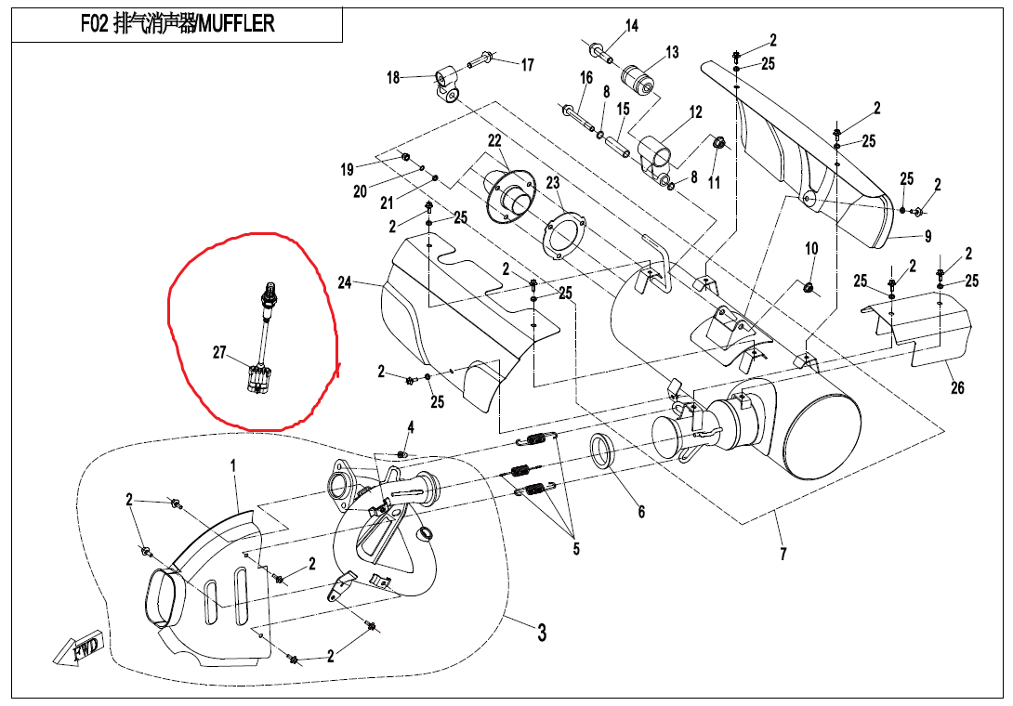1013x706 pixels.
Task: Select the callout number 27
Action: (219, 353)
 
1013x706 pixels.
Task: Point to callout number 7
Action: (783, 554)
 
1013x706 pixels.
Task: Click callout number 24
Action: (345, 281)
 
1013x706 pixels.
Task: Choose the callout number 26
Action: (957, 387)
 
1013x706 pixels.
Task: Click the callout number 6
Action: (641, 512)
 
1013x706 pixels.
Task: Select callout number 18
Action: (393, 78)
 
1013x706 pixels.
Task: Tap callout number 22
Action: (494, 140)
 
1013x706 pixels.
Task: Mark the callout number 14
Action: (632, 26)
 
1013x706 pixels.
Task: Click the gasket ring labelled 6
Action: (605, 452)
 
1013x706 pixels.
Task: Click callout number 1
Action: (233, 464)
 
